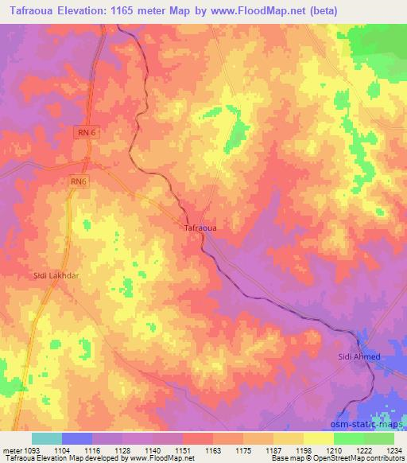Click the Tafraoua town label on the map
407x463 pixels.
point(200,228)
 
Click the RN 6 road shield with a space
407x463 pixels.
point(89,134)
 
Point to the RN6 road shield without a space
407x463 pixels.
point(77,182)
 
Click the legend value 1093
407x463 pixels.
point(29,449)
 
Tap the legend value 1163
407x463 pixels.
point(212,449)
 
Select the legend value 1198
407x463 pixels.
point(304,449)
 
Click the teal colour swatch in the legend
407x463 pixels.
point(47,438)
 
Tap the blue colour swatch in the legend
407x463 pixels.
point(77,438)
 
